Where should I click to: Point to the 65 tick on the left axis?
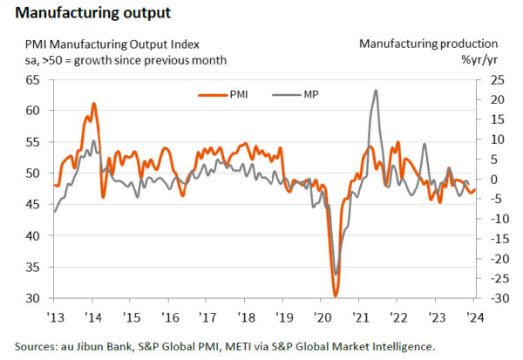click(31, 80)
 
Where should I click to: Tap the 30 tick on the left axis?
click(31, 299)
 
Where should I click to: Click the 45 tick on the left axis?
click(31, 205)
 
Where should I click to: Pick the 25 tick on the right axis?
click(494, 80)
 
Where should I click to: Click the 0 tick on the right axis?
click(491, 180)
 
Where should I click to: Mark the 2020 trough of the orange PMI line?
click(336, 296)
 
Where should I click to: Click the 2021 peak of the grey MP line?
click(375, 90)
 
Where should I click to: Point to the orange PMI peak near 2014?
click(93, 104)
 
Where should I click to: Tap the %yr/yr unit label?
click(479, 59)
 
